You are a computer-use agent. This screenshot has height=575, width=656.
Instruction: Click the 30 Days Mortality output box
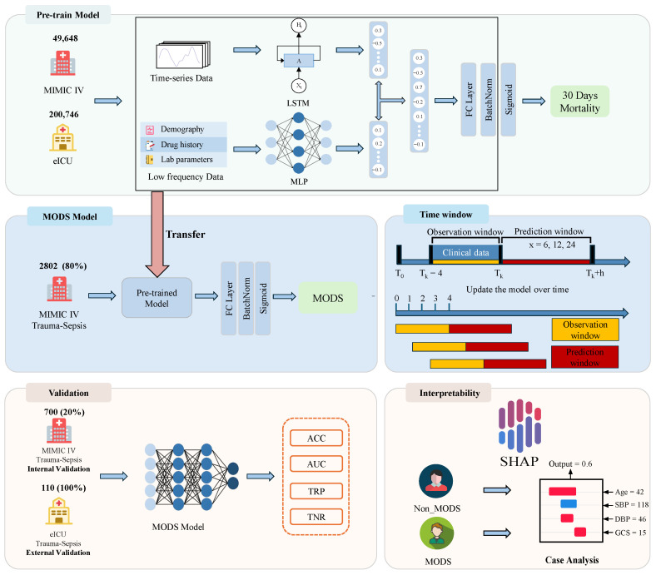click(579, 102)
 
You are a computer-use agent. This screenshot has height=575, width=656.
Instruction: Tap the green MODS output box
click(327, 298)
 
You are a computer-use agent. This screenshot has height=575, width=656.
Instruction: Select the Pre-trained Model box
click(157, 298)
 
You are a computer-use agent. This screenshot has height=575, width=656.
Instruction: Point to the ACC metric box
click(316, 439)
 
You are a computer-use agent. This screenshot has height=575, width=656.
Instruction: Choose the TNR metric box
click(316, 517)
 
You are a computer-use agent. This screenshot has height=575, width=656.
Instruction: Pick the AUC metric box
click(316, 463)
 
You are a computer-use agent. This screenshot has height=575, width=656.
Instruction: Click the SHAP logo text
click(519, 461)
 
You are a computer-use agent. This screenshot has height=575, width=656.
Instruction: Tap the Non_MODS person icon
click(436, 481)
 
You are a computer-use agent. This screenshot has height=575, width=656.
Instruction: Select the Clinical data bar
click(465, 253)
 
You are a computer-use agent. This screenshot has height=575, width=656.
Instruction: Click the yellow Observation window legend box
click(585, 330)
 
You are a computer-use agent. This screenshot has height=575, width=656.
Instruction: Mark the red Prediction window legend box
click(585, 357)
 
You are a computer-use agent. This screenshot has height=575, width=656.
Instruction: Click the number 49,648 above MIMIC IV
click(65, 38)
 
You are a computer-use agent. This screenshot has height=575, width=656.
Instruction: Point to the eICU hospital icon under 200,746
click(62, 137)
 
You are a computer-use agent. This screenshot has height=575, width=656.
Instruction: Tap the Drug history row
click(183, 145)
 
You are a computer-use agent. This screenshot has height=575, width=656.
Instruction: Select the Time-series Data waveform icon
click(183, 55)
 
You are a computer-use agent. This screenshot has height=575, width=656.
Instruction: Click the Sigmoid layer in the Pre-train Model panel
click(509, 100)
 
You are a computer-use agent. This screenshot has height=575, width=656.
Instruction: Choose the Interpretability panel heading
click(450, 393)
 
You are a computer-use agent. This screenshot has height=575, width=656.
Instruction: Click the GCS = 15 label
click(630, 533)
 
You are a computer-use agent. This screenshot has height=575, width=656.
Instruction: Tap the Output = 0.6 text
click(570, 463)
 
